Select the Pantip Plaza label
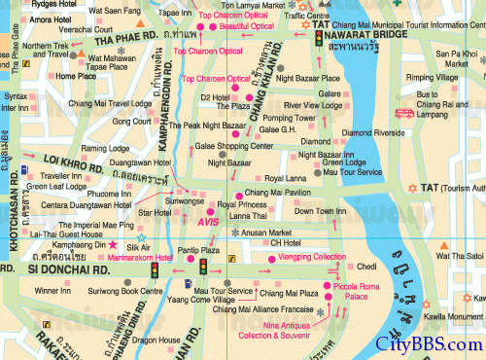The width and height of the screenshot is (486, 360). tap(197, 251)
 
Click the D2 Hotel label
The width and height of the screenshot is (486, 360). tap(215, 97)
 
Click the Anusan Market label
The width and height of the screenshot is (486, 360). tap(267, 233)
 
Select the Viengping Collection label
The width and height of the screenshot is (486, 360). tap(312, 257)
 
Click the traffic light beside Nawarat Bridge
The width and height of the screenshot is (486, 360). tap(318, 38)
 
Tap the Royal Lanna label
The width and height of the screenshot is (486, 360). tap(286, 179)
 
